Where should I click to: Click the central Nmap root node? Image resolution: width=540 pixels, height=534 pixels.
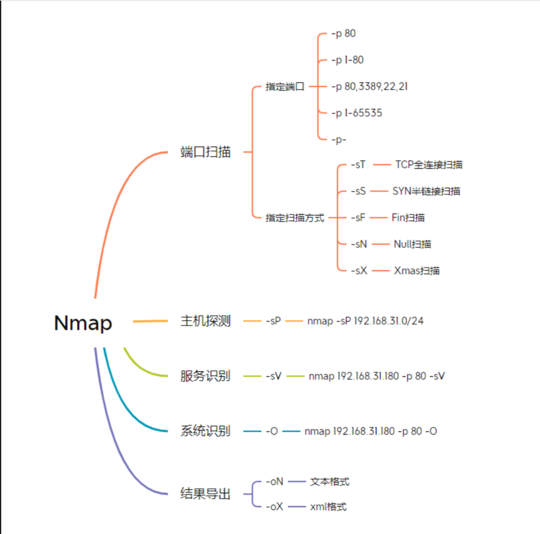click(x=83, y=323)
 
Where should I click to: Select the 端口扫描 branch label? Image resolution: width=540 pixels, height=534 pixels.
click(x=206, y=152)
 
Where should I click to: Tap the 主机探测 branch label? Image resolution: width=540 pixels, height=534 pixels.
click(x=206, y=322)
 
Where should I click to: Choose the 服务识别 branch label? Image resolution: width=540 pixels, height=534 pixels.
click(x=206, y=377)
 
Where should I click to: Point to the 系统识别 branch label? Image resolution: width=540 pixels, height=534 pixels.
click(x=206, y=432)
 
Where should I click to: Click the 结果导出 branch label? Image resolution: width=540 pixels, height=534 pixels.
click(x=206, y=494)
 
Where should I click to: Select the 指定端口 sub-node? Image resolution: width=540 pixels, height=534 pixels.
click(x=285, y=87)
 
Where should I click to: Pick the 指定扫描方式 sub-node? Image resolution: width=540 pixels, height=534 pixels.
click(x=295, y=218)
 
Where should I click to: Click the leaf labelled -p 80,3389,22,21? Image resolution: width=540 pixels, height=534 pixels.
click(x=369, y=87)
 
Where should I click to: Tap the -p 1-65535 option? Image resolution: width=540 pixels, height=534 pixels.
click(x=357, y=113)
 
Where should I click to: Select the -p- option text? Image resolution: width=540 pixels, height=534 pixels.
click(x=339, y=140)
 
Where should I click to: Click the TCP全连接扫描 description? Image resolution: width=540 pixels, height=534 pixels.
click(x=429, y=165)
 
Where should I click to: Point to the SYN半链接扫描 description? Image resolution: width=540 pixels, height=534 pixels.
click(x=426, y=191)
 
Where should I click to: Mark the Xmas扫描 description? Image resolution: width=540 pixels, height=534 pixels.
click(x=417, y=270)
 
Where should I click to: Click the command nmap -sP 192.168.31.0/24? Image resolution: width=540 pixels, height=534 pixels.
click(x=365, y=321)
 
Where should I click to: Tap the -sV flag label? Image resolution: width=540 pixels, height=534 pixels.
click(x=273, y=376)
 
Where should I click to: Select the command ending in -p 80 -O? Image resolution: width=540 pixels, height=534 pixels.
click(x=371, y=431)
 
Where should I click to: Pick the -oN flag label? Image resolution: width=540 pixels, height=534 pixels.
click(x=274, y=481)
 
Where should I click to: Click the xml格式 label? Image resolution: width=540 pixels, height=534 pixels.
click(x=329, y=506)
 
